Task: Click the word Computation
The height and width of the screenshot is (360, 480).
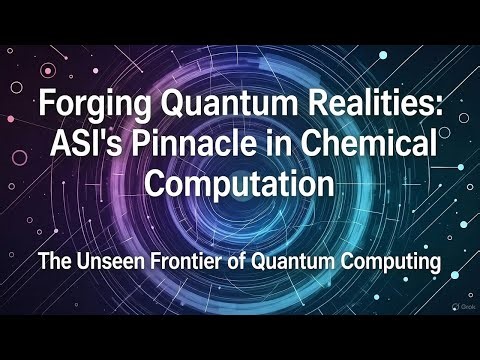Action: [239, 184]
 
